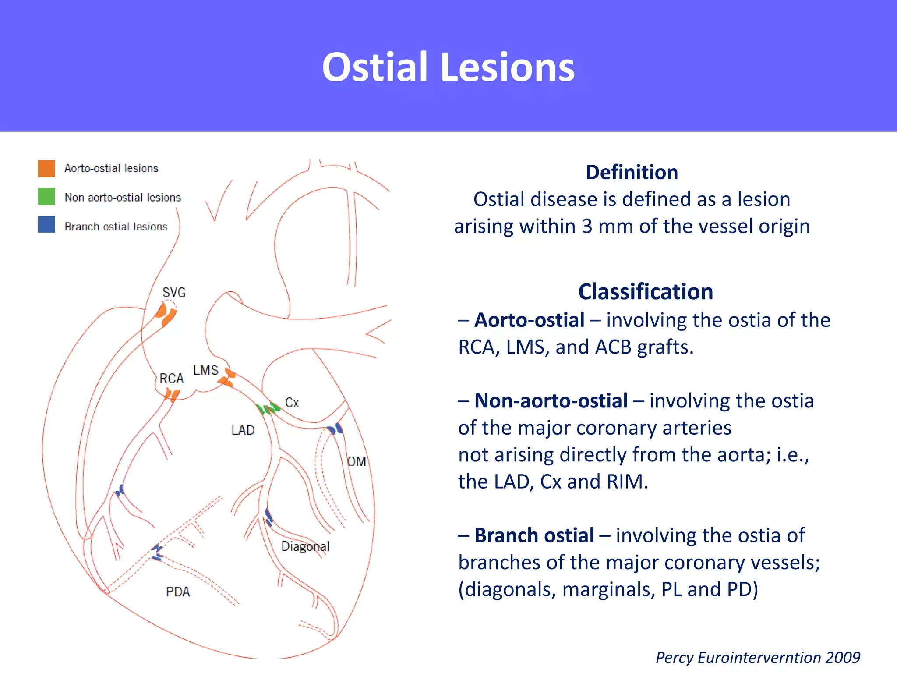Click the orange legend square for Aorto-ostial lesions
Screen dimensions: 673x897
pos(46,168)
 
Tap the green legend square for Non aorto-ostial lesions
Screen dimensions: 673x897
pos(46,196)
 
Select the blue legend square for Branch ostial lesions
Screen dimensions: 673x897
pos(46,224)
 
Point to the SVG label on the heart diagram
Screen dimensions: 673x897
pos(174,292)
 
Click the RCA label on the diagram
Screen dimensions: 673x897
pos(171,379)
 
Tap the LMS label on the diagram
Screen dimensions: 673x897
pos(205,370)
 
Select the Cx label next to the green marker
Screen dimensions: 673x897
pos(292,403)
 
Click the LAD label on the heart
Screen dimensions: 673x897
pos(243,430)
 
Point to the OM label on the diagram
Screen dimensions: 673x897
pos(356,461)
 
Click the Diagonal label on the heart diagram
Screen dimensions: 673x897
pos(305,546)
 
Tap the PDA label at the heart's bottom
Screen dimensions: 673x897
pos(178,592)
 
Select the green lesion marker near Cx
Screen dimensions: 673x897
pos(268,409)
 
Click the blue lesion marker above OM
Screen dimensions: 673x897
pos(335,429)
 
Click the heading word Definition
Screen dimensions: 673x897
pos(632,172)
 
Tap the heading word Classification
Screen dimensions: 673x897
pos(645,292)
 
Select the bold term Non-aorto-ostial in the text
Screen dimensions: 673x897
pos(551,401)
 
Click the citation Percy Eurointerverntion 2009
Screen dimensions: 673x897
pos(758,658)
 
